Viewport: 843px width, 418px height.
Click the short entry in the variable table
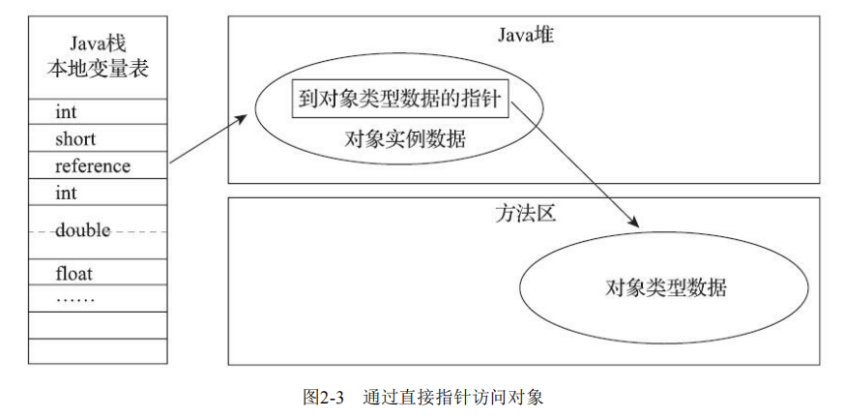point(75,139)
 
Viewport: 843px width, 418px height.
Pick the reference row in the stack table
point(93,166)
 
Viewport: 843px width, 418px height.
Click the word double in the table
point(82,230)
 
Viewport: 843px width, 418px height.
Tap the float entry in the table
point(73,273)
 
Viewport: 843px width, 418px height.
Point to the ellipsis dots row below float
point(75,298)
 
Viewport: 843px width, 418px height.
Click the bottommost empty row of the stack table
point(97,351)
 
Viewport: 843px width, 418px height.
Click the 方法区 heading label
point(523,215)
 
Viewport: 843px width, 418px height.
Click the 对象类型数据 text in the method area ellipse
point(665,287)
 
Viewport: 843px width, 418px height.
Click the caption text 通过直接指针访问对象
point(453,397)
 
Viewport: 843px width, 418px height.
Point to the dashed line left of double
point(41,231)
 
